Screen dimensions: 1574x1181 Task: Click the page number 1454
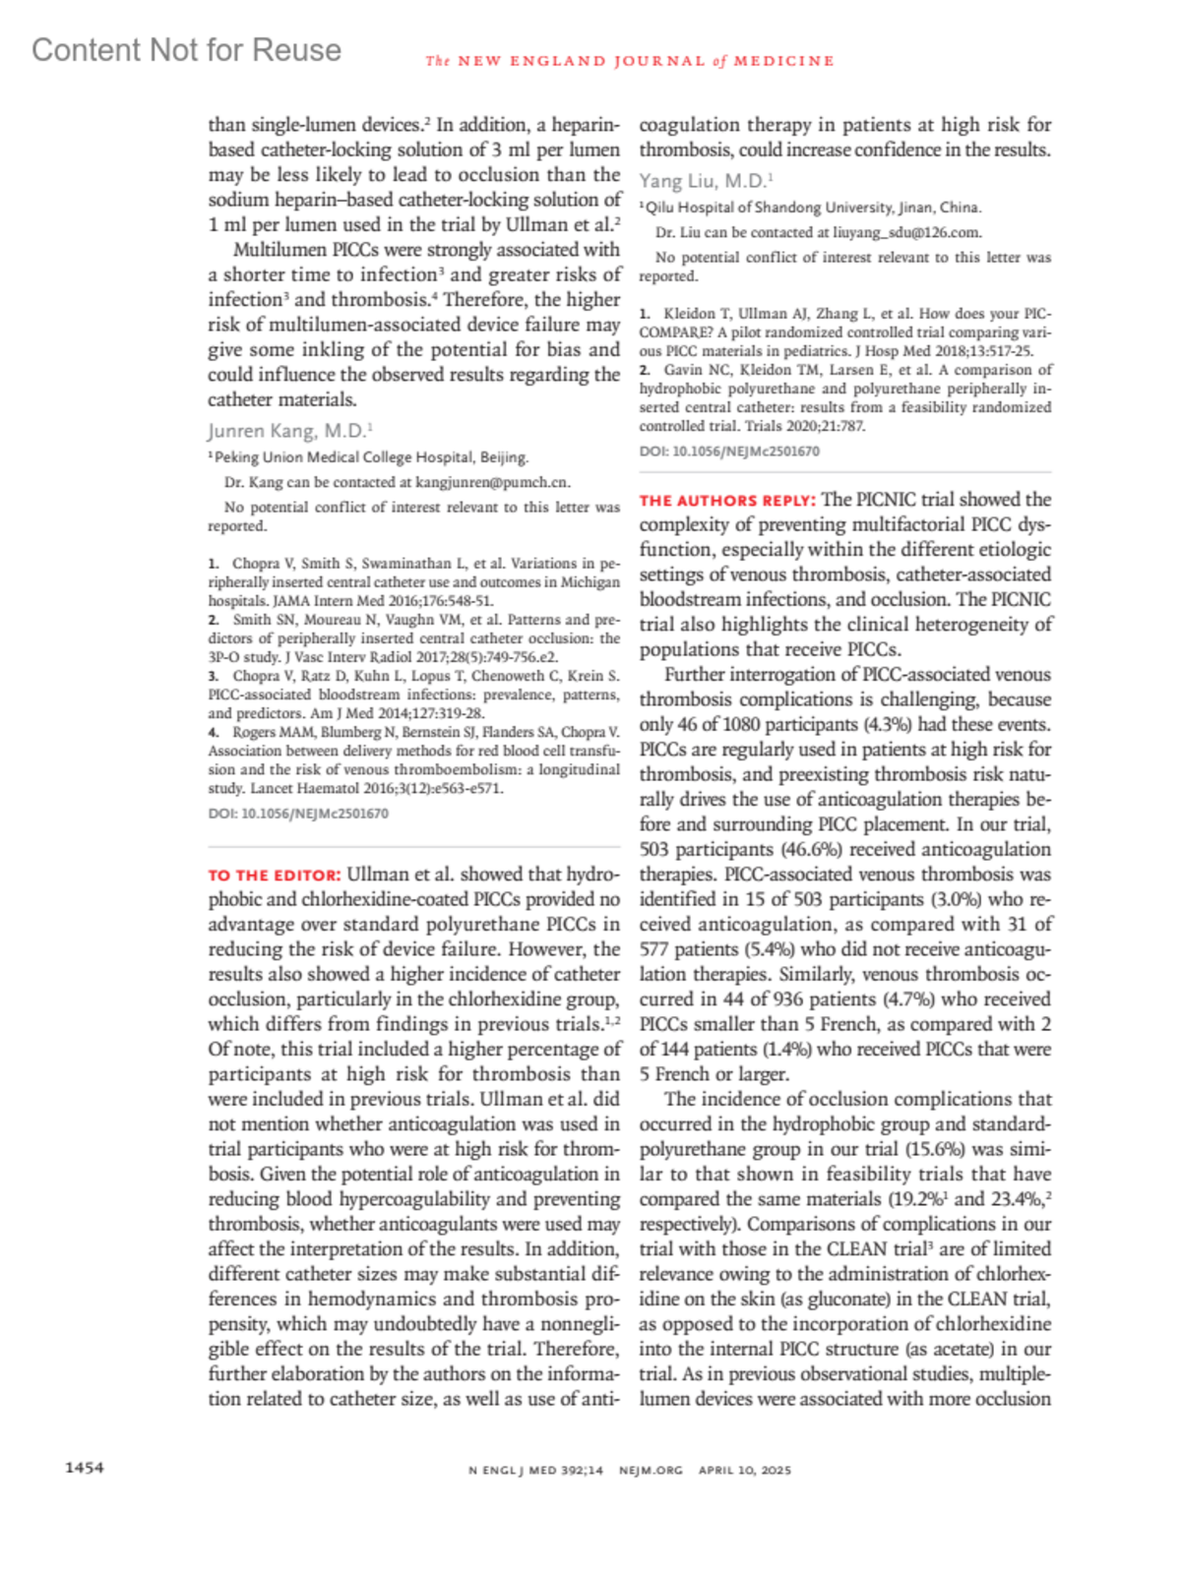(84, 1468)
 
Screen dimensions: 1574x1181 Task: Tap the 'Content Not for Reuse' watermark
(186, 50)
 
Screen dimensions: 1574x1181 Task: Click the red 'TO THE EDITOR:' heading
(274, 875)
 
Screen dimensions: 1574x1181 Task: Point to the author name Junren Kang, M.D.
(288, 431)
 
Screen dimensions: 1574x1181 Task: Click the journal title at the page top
(630, 61)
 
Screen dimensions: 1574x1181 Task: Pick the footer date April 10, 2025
(744, 1470)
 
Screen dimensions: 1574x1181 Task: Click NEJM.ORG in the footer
(651, 1470)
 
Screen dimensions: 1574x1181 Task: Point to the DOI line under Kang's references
(298, 814)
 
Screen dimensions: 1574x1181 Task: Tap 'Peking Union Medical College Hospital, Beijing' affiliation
(370, 456)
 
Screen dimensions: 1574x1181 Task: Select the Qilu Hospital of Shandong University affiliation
(812, 207)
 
